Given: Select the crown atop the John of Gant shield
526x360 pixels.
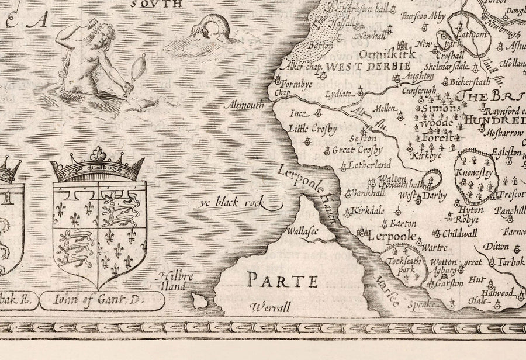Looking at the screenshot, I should (97, 165).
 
